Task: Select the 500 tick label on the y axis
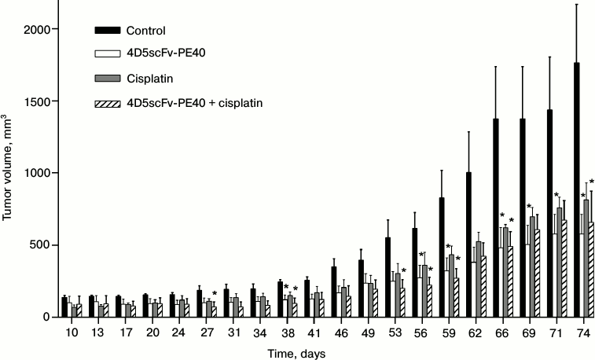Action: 39,245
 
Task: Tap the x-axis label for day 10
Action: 70,333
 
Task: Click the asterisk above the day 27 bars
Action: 215,295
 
